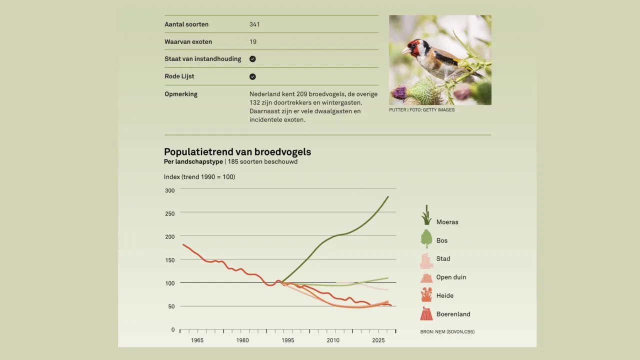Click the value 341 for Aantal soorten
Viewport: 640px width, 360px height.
point(254,24)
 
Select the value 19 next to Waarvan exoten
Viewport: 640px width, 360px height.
point(253,42)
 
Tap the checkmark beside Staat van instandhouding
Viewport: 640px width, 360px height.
point(252,59)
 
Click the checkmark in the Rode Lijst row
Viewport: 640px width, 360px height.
point(252,76)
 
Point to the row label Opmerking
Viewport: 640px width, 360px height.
point(181,94)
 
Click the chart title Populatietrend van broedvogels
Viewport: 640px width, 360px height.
point(237,152)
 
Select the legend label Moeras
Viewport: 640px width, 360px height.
point(447,222)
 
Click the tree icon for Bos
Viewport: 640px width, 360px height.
point(426,239)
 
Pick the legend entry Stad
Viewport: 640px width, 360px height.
point(443,259)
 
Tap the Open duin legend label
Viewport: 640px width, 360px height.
point(451,277)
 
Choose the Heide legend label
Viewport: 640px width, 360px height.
point(444,296)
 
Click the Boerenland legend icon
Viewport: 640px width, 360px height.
point(426,314)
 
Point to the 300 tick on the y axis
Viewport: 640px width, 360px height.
point(169,190)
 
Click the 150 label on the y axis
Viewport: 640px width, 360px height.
point(169,260)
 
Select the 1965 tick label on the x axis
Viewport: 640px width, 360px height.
point(197,340)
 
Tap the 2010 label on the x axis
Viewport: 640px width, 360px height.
point(333,340)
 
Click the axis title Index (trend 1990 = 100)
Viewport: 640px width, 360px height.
point(199,177)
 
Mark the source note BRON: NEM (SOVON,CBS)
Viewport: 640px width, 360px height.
point(447,331)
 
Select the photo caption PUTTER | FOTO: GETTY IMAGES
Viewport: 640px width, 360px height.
point(421,110)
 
